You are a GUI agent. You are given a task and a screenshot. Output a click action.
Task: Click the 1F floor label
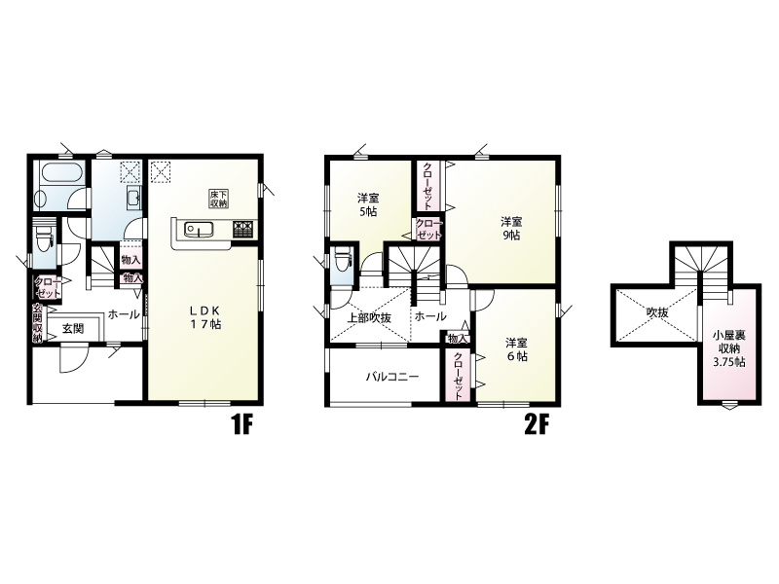coord(242,424)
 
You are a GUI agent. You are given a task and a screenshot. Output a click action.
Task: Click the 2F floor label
coord(536,424)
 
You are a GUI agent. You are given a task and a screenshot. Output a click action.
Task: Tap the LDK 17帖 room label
coord(204,317)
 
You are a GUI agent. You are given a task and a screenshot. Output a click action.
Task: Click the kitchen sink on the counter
coord(199,230)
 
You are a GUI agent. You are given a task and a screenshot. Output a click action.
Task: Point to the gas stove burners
coord(243,229)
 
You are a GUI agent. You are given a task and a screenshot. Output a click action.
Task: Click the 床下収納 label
coord(218,199)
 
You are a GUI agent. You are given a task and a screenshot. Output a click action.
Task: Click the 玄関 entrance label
coord(73,328)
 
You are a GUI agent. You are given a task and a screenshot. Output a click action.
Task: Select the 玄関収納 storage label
coord(38,323)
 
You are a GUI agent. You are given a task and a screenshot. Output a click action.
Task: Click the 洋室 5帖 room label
coord(368,204)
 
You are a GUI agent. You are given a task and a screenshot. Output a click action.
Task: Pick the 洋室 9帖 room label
coord(511,228)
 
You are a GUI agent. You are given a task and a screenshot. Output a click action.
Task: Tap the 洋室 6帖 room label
coord(517,349)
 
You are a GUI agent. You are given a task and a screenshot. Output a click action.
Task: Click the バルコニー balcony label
coord(392,377)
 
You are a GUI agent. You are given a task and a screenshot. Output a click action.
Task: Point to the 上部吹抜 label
coord(369,318)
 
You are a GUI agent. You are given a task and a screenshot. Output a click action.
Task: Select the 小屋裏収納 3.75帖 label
coord(729,348)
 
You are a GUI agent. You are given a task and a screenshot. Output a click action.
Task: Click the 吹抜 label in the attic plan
coord(656,312)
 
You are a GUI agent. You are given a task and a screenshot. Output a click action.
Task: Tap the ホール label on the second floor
coord(430,316)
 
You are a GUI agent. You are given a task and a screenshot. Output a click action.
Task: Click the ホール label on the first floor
coord(124,313)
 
